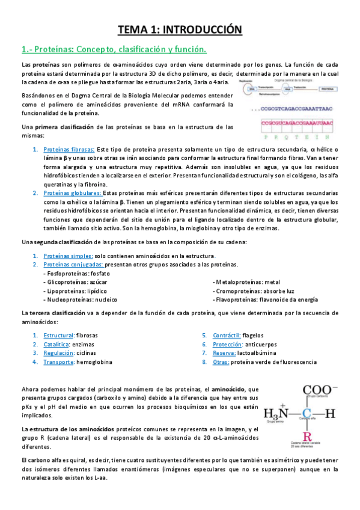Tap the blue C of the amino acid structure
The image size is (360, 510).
[307, 413]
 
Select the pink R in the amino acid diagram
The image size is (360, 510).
[307, 437]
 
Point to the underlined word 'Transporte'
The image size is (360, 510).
[59, 362]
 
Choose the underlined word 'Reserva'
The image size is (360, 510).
[224, 353]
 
